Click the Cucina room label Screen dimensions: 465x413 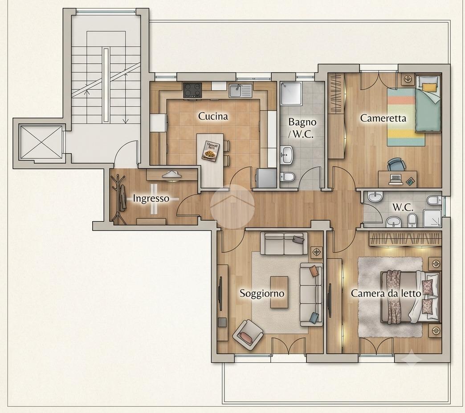(213, 116)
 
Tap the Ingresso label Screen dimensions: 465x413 (151, 198)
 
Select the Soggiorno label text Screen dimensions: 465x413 (262, 293)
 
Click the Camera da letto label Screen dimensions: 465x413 (386, 293)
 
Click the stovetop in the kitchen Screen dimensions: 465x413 (192, 90)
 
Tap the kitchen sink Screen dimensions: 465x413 (240, 90)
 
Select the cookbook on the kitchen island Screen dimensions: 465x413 (211, 151)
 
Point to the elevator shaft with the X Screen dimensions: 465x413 (41, 142)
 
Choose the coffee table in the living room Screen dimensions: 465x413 (279, 292)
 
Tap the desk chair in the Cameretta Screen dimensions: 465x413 (396, 165)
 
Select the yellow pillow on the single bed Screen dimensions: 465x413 (429, 87)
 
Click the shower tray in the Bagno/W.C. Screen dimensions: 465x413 (291, 93)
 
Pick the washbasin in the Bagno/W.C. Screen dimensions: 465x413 (287, 154)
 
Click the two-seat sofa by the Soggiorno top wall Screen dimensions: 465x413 (284, 243)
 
